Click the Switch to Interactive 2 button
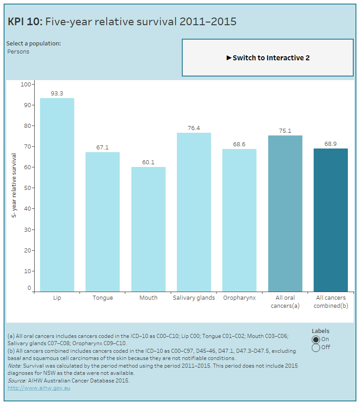point(268,58)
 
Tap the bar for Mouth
point(148,229)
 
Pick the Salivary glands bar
point(194,212)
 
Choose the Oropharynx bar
point(239,220)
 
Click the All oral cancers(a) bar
point(285,213)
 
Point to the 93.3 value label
point(57,94)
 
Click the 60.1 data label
point(148,162)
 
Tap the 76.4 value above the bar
point(194,128)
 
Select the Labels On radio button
point(316,339)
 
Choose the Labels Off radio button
point(316,347)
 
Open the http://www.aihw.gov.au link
point(39,388)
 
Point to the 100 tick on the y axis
point(26,84)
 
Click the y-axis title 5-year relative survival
point(14,186)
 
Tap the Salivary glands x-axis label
point(194,298)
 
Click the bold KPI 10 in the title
point(25,22)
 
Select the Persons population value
point(18,52)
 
